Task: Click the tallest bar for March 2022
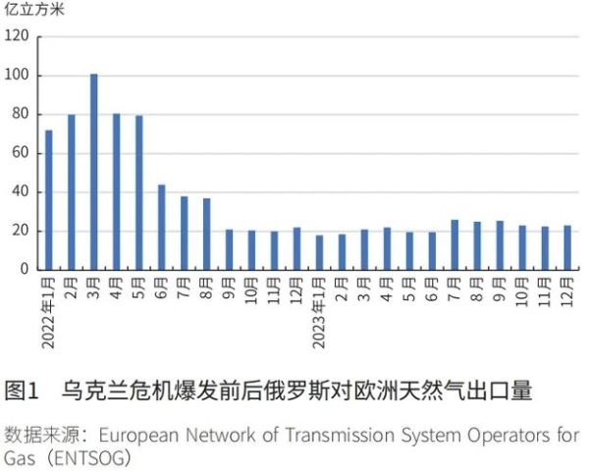click(94, 172)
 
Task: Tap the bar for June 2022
click(161, 227)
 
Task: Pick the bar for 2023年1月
click(319, 252)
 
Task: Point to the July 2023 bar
click(455, 244)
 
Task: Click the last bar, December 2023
click(567, 247)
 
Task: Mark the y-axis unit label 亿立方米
click(33, 11)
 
